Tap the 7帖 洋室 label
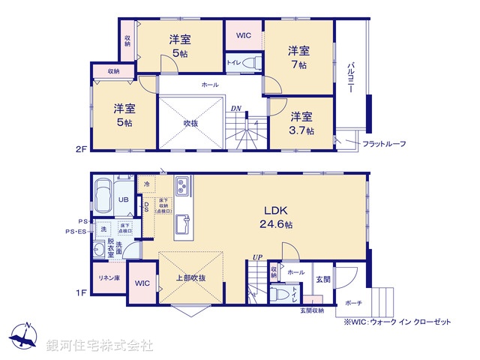299,58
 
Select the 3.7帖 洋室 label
301,123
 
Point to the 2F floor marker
81,149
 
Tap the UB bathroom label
124,200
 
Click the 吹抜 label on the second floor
191,123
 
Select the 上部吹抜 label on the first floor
190,277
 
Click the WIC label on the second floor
244,35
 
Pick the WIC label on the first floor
142,283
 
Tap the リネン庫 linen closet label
107,277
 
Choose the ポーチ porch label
353,303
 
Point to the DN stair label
235,107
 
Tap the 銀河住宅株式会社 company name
100,345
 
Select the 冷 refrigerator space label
146,184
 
